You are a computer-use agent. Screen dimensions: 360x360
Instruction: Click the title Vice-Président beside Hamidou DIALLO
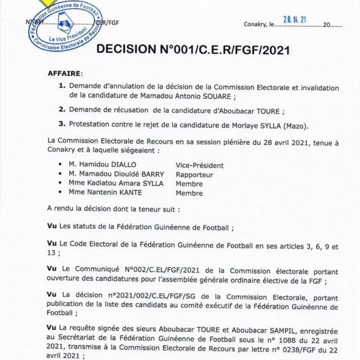click(199, 164)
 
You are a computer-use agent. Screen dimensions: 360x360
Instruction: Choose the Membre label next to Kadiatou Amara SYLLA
click(189, 184)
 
